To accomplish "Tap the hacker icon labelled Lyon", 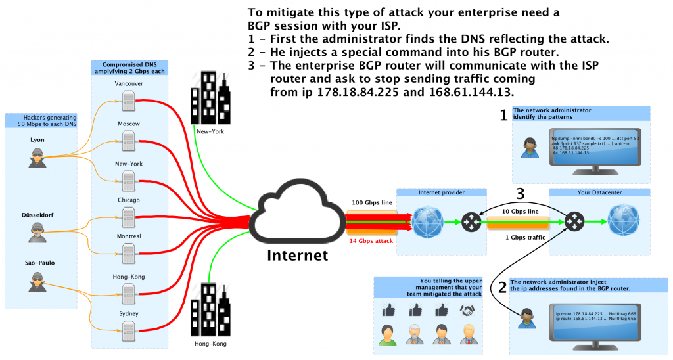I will click(37, 158).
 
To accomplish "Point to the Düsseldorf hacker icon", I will click(37, 232).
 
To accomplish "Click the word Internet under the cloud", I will click(296, 254).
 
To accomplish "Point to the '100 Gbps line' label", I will click(373, 202).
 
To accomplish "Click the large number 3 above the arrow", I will click(520, 194).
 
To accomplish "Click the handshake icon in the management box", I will click(467, 309).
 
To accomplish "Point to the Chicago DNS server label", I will click(129, 200).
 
